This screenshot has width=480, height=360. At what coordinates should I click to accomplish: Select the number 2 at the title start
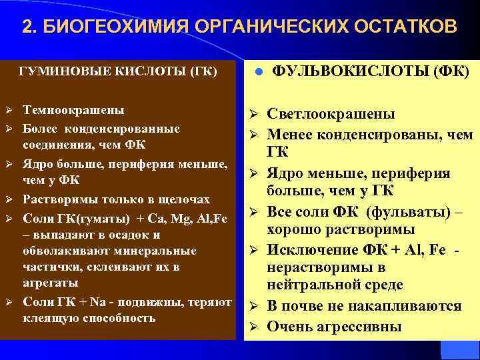click(27, 26)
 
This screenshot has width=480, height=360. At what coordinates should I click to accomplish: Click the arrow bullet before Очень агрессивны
click(254, 327)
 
